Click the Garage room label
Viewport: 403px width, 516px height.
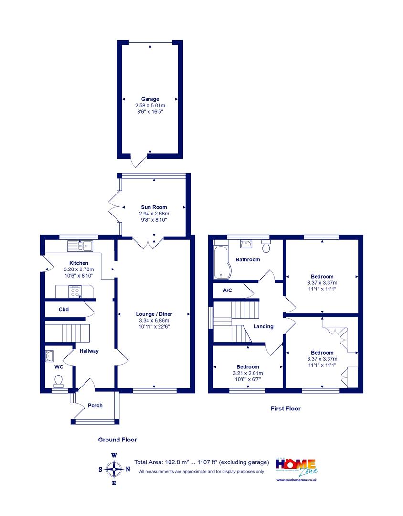(x=150, y=99)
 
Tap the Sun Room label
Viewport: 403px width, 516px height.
(x=154, y=207)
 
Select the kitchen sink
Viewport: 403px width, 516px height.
(x=80, y=246)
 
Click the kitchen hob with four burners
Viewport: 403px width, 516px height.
(x=75, y=291)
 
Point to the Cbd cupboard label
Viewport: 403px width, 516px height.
(x=64, y=309)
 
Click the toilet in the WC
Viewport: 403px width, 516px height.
(x=59, y=381)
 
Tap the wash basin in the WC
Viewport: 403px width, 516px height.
(x=49, y=356)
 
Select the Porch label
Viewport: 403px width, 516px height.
(x=95, y=406)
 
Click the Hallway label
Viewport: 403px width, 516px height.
(x=89, y=351)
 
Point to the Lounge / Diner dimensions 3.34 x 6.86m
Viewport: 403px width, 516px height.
(x=154, y=320)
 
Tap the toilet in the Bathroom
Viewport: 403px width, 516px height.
(x=266, y=246)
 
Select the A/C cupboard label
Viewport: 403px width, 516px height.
(x=227, y=290)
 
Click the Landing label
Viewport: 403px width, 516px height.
(x=263, y=326)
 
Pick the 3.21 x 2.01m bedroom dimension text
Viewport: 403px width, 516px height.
(x=248, y=373)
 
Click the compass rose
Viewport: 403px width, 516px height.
(x=114, y=469)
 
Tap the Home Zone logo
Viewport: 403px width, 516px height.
(x=297, y=467)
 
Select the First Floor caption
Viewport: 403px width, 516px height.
(x=286, y=408)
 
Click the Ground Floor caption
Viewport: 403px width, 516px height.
(x=117, y=440)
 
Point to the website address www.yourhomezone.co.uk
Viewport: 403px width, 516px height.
(x=297, y=480)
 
